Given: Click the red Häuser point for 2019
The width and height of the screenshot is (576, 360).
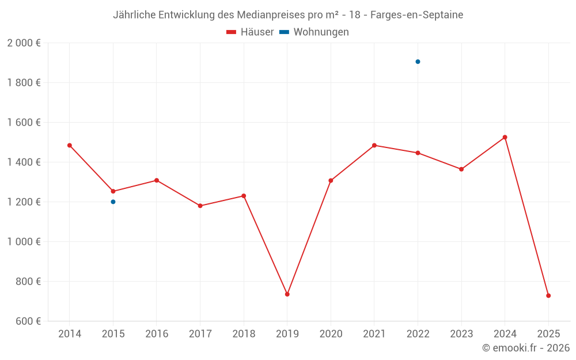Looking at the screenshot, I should tap(287, 294).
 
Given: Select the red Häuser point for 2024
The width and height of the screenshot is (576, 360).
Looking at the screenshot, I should tap(505, 137).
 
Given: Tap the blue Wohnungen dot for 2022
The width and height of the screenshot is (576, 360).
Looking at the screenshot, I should tap(418, 62).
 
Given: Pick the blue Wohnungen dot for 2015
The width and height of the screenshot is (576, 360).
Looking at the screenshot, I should tap(113, 202).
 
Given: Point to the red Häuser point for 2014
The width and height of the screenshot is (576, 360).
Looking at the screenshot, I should tap(70, 145).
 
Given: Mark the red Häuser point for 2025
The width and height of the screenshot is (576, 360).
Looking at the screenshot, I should tap(548, 295).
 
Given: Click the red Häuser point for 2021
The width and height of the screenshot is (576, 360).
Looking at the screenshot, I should tap(374, 145).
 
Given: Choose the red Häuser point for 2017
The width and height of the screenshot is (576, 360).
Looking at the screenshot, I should tap(200, 206).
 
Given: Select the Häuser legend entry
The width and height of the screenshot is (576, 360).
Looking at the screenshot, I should tap(250, 32).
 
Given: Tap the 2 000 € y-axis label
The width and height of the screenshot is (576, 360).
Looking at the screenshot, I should tap(24, 43).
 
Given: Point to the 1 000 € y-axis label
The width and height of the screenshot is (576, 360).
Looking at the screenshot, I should tap(24, 242).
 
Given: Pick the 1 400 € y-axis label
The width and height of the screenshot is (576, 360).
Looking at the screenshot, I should tap(24, 162).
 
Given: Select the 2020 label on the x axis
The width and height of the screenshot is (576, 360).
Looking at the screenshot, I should tap(331, 334).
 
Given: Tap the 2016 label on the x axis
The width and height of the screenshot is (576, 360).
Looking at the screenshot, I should tap(157, 334).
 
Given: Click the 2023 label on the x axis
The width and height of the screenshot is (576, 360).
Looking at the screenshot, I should tap(461, 334).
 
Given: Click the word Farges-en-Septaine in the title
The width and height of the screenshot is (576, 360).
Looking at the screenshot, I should tap(416, 15).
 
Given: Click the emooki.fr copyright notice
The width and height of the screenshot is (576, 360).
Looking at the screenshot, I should tap(526, 348).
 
